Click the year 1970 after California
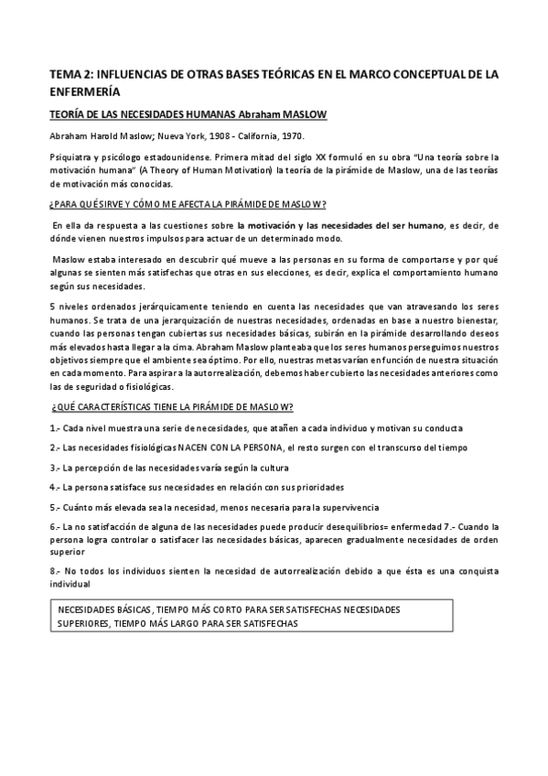tap(292, 135)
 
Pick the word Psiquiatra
tap(70, 158)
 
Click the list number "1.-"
tap(54, 428)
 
